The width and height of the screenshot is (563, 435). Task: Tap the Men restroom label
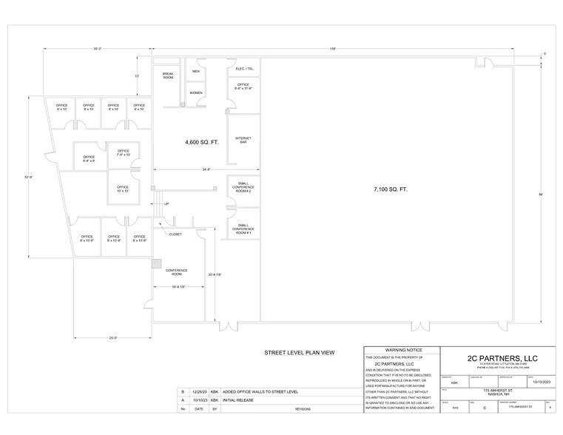(196, 72)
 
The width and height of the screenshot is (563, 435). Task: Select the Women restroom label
(196, 93)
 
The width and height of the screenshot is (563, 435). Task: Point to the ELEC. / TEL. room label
(245, 69)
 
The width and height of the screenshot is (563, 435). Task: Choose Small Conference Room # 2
(243, 187)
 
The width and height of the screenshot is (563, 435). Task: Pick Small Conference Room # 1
(243, 229)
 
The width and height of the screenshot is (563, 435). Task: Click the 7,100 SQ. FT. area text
(390, 189)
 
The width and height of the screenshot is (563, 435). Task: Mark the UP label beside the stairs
(166, 204)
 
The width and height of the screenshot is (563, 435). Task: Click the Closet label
(175, 234)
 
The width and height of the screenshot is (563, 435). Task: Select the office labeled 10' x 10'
(123, 189)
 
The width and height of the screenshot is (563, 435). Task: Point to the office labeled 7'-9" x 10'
(123, 153)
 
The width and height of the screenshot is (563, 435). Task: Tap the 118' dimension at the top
(334, 49)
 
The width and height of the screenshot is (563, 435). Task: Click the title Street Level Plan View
(300, 353)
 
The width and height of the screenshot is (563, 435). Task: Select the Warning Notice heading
(400, 349)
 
